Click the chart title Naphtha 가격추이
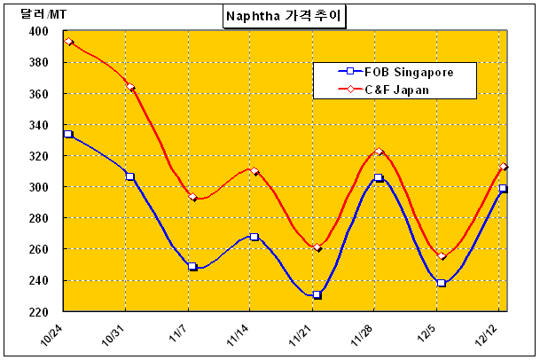[x=286, y=16]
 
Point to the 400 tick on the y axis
[x=38, y=32]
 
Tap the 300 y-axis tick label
[x=38, y=187]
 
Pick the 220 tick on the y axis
[x=38, y=312]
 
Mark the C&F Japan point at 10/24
[x=68, y=42]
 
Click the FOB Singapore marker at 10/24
[x=68, y=134]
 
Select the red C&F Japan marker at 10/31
[x=130, y=87]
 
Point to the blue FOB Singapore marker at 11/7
[x=192, y=266]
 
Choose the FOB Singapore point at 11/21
[x=317, y=294]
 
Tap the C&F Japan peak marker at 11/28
[x=379, y=153]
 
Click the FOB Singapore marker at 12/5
[x=441, y=283]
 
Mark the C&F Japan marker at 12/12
[x=503, y=167]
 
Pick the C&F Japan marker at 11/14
[x=254, y=171]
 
